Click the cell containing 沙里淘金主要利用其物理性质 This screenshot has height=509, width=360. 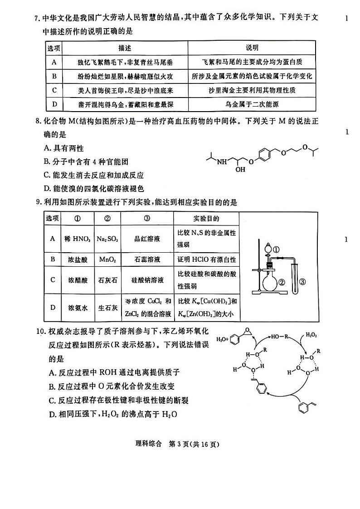coord(252,90)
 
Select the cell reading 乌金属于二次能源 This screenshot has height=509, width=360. coord(252,104)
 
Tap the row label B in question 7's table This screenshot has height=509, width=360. coord(54,76)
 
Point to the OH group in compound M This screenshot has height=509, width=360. coord(240,169)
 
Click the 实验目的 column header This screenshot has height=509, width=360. coord(206,219)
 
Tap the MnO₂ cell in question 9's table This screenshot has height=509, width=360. coord(107,259)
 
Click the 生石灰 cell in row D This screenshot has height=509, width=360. coord(107,308)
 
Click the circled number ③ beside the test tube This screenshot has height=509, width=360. coord(303,282)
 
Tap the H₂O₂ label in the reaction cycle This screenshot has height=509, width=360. coord(311,334)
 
